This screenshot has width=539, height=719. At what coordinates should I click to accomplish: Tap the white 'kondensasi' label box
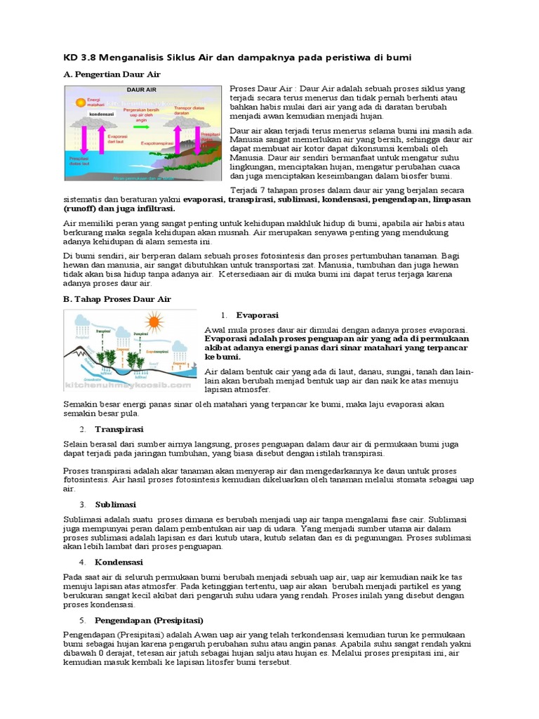pos(102,112)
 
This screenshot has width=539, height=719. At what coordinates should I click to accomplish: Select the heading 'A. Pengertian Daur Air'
pos(112,74)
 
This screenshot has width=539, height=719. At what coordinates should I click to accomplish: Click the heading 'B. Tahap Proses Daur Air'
pos(117,299)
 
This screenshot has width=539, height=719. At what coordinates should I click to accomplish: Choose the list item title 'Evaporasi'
pos(258,316)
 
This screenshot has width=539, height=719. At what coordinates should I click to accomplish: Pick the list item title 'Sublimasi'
pos(116,505)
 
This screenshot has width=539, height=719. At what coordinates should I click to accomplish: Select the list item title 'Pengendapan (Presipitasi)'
pos(149,621)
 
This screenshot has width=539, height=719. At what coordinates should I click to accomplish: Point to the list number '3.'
pos(82,505)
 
